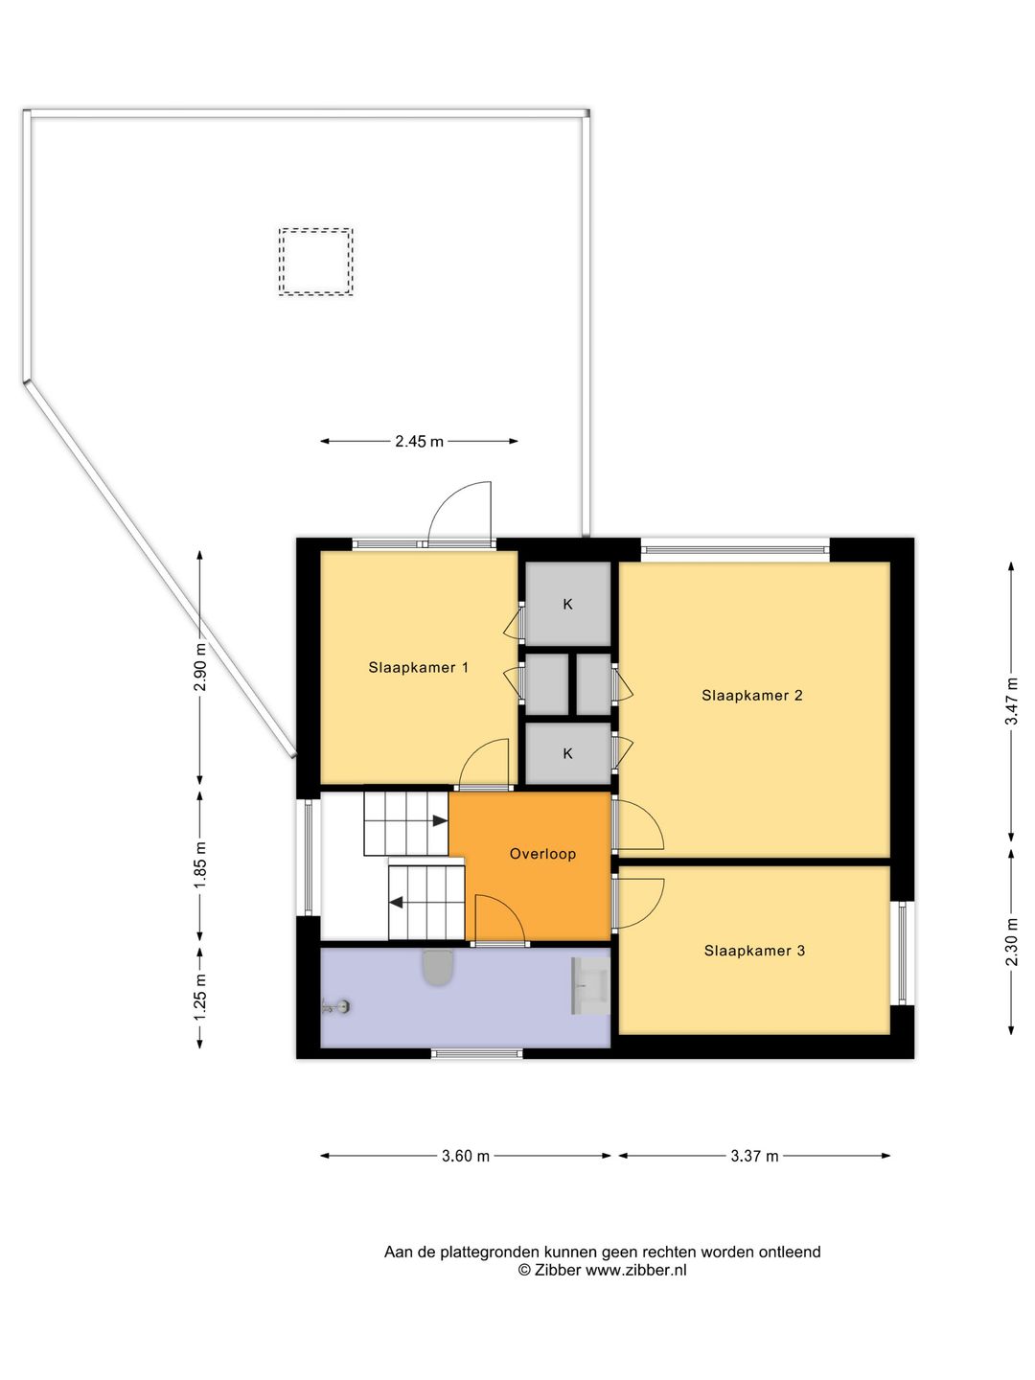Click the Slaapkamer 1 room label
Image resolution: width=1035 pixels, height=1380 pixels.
[418, 667]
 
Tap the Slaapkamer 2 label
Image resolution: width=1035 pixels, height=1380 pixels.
[752, 695]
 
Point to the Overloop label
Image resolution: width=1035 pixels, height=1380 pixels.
[542, 853]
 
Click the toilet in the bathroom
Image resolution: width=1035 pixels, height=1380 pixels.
[438, 968]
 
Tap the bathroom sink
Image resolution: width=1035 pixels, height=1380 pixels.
[590, 985]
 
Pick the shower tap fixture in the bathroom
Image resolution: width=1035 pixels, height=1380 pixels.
[335, 1006]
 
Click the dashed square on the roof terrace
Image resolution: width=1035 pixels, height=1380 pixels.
[316, 262]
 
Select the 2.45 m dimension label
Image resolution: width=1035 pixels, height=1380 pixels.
[419, 442]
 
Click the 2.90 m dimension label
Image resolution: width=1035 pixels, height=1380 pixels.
[200, 666]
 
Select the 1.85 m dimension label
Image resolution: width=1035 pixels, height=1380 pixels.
[200, 865]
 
